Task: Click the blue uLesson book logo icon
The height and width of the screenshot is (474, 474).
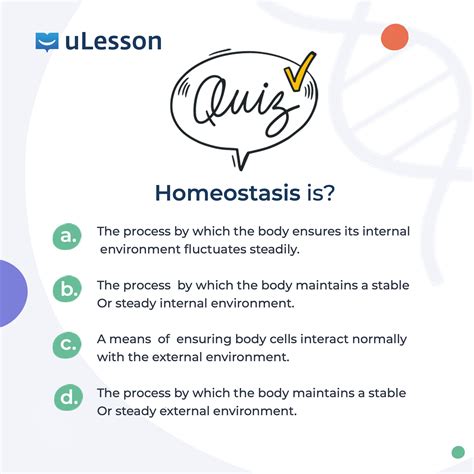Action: (x=47, y=42)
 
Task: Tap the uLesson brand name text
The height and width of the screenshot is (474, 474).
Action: (x=113, y=41)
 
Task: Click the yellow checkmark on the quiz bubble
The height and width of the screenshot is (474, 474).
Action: (x=299, y=71)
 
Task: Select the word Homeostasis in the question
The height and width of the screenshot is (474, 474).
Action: (x=227, y=193)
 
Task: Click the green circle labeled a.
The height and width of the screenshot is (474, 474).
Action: (x=67, y=236)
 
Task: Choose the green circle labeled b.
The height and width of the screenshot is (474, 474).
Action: (x=67, y=289)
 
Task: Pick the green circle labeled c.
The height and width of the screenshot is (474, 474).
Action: (x=67, y=345)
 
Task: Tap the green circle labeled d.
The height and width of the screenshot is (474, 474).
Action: (x=68, y=397)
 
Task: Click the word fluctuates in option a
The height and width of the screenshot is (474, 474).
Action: (x=215, y=249)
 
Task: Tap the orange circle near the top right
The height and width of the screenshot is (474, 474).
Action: (x=395, y=37)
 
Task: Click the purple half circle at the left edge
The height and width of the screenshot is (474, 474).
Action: (x=12, y=293)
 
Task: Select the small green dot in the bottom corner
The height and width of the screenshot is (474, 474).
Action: (x=458, y=452)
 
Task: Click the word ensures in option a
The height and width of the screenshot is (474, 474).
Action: (x=312, y=232)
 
